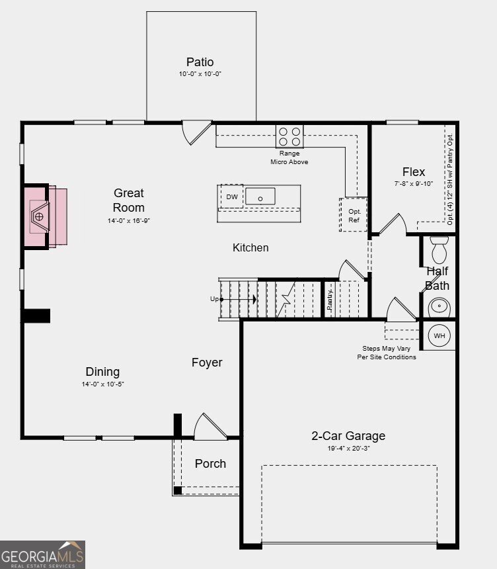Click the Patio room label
pos(200,62)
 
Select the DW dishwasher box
pos(231,197)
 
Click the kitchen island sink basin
pos(260,197)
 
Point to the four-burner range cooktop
pos(289,136)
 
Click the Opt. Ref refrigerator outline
pos(354,215)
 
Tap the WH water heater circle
pos(440,335)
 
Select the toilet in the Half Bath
pos(440,250)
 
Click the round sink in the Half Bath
pos(439,307)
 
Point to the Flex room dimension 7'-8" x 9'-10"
pos(414,184)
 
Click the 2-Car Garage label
pos(348,435)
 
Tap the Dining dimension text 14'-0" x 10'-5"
pos(102,384)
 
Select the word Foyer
pos(207,362)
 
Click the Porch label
pos(210,463)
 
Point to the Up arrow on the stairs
pos(238,299)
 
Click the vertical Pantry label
pos(330,299)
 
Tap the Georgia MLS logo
pos(42,554)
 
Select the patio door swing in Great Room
pos(196,133)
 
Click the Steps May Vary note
pos(387,353)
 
